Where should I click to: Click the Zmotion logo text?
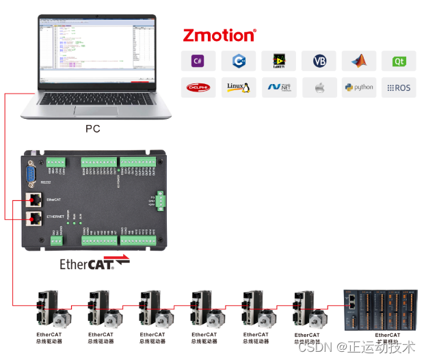pyautogui.click(x=219, y=35)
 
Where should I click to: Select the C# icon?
pyautogui.click(x=198, y=61)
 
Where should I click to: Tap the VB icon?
pyautogui.click(x=319, y=61)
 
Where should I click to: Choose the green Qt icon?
pyautogui.click(x=399, y=61)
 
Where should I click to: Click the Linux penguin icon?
pyautogui.click(x=239, y=87)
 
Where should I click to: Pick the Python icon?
pyautogui.click(x=359, y=87)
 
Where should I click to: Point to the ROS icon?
pyautogui.click(x=399, y=87)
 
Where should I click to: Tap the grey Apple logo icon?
pyautogui.click(x=319, y=87)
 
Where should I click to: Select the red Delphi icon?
pyautogui.click(x=198, y=87)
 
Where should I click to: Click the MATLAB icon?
pyautogui.click(x=359, y=61)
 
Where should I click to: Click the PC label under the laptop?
pyautogui.click(x=92, y=128)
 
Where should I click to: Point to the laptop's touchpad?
pyautogui.click(x=92, y=111)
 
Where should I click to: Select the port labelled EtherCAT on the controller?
pyautogui.click(x=32, y=199)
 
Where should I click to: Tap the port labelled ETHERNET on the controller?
pyautogui.click(x=32, y=219)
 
